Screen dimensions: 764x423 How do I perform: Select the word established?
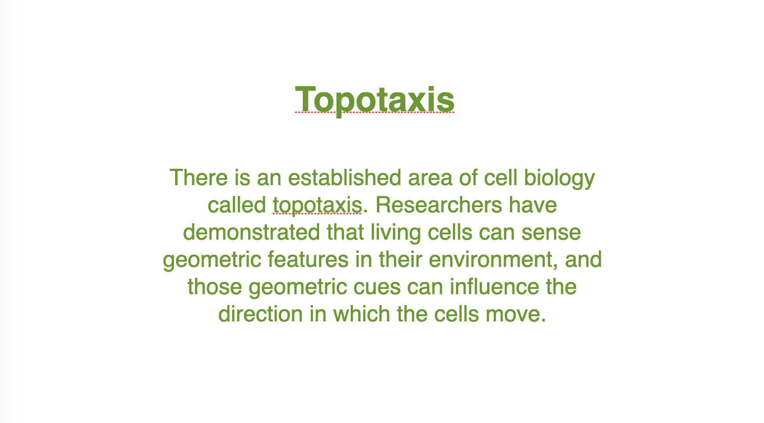(x=345, y=178)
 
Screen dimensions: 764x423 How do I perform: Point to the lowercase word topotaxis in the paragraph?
(x=317, y=205)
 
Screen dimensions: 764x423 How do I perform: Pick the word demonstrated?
(x=251, y=232)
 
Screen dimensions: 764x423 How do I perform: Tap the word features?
(x=308, y=259)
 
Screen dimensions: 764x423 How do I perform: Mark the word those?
(x=215, y=287)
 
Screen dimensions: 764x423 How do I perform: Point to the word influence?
(x=494, y=287)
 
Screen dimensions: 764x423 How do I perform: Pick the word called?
(x=237, y=205)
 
